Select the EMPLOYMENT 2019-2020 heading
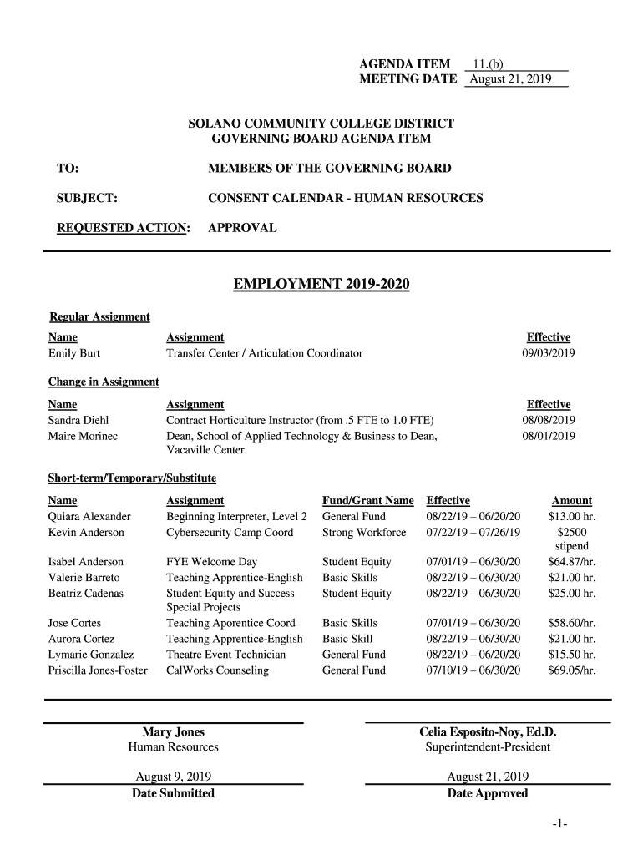[x=321, y=286]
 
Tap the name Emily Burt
[x=74, y=353]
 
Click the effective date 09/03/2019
[x=549, y=353]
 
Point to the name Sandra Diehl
[x=78, y=420]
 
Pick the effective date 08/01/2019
[x=549, y=436]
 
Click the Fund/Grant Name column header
[x=367, y=501]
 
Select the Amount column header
[x=572, y=501]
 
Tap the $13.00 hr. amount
[x=572, y=517]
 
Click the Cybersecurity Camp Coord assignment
[x=230, y=533]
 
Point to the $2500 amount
[x=572, y=533]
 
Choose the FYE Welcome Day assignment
[x=211, y=562]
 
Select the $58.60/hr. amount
[x=572, y=623]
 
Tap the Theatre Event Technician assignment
[x=225, y=655]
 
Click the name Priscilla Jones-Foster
[x=98, y=670]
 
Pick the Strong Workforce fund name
[x=364, y=533]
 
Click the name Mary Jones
[x=173, y=732]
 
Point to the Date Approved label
[x=488, y=793]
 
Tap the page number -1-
[x=559, y=825]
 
